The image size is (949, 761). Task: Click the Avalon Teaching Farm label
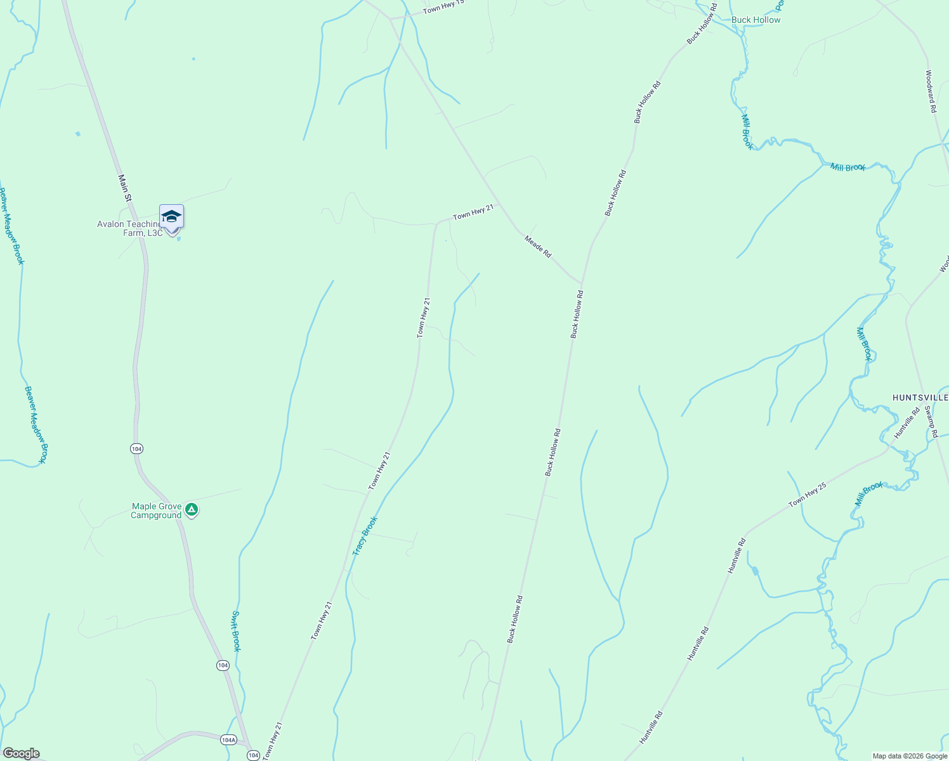click(129, 228)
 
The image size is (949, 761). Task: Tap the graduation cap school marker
click(171, 218)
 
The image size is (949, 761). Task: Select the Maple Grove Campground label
click(156, 511)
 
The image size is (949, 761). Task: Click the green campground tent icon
click(192, 510)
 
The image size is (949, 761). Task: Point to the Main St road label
click(125, 188)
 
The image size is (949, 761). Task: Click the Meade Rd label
click(538, 246)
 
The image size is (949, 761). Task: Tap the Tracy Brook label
click(365, 536)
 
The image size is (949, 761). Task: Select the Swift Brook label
click(235, 631)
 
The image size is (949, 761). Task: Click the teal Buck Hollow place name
click(756, 20)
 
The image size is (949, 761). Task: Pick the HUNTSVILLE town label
click(920, 398)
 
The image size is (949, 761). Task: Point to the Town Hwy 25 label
click(807, 495)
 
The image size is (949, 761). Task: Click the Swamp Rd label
click(931, 422)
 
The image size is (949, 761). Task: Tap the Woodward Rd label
click(931, 91)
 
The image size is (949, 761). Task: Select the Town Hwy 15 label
click(443, 7)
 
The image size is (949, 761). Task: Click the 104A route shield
click(228, 740)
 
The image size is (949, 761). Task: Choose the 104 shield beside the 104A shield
click(253, 755)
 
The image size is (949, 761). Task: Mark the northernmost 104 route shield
click(136, 449)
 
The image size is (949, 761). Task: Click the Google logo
click(21, 753)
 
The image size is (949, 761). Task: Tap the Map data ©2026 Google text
click(910, 756)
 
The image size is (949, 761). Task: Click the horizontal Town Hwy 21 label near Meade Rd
click(473, 212)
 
